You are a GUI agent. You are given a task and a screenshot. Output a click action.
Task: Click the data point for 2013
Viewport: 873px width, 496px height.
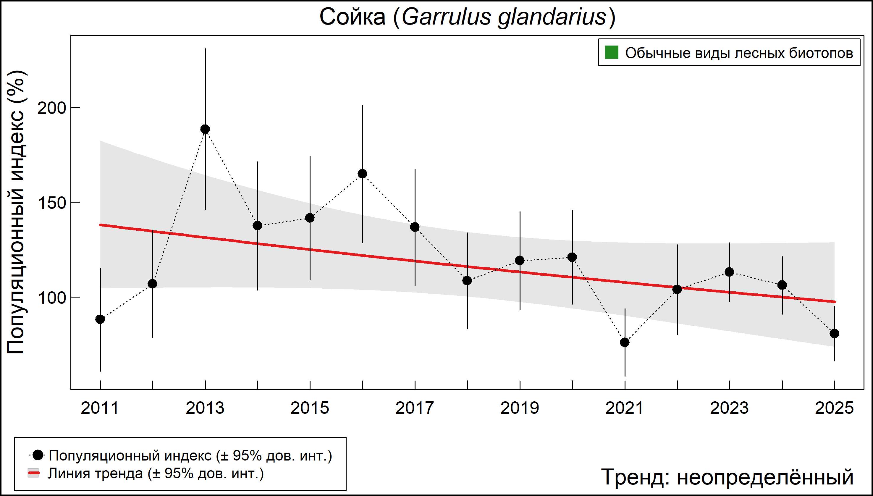(205, 129)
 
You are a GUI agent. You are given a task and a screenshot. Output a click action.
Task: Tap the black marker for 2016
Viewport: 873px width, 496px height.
(362, 174)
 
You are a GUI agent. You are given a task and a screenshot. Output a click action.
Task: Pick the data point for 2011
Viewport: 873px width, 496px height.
(100, 319)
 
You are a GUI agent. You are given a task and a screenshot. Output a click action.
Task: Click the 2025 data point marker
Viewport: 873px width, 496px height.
(834, 334)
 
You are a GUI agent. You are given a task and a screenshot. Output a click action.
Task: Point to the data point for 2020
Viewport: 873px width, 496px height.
(572, 257)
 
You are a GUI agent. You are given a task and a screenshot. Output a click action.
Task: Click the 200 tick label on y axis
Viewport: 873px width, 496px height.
(51, 108)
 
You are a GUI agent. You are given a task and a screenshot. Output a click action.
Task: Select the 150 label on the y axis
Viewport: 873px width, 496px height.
(51, 203)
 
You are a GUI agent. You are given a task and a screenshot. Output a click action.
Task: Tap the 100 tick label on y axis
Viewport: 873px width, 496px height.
(51, 298)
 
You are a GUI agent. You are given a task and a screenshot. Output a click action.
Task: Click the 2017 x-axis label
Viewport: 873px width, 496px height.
(415, 408)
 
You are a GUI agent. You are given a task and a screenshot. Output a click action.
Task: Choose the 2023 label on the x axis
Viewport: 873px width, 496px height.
(729, 408)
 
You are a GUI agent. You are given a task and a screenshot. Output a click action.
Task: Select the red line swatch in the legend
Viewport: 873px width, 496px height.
(33, 473)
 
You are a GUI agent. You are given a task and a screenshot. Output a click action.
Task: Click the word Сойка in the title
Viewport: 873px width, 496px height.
(352, 17)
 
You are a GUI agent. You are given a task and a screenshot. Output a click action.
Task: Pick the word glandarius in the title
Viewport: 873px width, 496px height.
(552, 17)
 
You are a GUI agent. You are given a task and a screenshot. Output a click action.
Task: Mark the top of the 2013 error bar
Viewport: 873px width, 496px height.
(205, 49)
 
